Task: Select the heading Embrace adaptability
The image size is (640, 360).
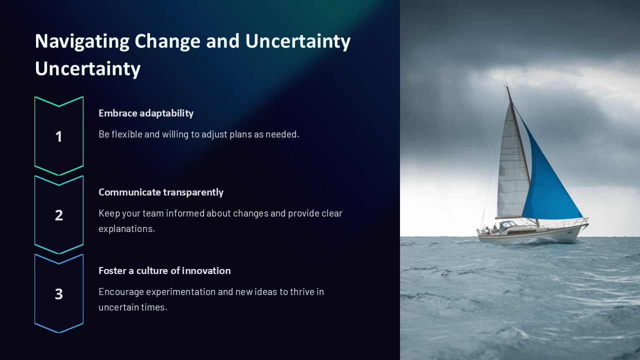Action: tap(146, 113)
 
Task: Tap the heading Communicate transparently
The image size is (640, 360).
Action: tap(161, 192)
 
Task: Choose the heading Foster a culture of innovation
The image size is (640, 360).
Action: tap(164, 270)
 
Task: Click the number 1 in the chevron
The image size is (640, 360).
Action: tap(58, 136)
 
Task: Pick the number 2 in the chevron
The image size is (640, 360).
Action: tap(58, 215)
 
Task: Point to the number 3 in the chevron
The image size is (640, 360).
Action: tap(58, 294)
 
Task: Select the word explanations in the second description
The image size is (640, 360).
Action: tap(126, 228)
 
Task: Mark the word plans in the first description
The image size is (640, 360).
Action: tap(240, 134)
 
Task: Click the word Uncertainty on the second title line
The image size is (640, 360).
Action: tap(87, 68)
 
